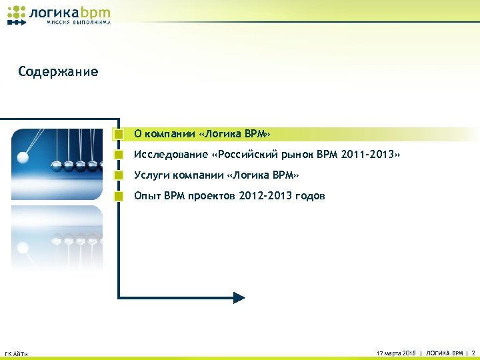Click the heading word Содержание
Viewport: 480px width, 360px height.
coord(59,71)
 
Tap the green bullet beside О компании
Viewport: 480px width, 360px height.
coord(118,134)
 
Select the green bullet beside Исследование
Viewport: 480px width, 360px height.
coord(118,155)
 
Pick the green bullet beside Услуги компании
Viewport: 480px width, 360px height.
coord(118,175)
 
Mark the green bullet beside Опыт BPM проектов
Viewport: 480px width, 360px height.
coord(118,196)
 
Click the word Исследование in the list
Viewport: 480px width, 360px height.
coord(169,155)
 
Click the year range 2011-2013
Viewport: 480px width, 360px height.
coord(367,155)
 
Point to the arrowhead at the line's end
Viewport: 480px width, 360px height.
coord(239,297)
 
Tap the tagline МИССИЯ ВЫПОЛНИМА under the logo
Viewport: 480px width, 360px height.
coord(79,23)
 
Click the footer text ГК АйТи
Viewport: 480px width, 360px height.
coord(16,353)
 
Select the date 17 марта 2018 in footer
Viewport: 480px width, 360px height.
coord(396,352)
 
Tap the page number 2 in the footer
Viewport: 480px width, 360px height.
coord(473,352)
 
